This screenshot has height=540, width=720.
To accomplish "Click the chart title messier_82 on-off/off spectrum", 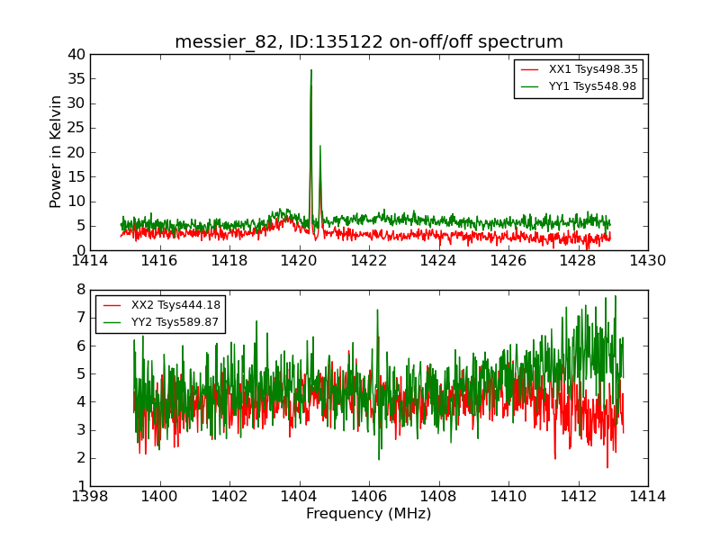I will click(x=369, y=42).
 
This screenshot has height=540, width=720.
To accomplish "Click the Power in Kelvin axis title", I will click(x=56, y=151).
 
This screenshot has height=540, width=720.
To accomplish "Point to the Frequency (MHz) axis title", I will click(x=369, y=514).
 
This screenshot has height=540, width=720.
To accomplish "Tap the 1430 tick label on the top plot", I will click(x=648, y=261).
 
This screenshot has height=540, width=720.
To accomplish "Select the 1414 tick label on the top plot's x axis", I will click(x=91, y=261).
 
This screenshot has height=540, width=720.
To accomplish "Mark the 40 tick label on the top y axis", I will click(x=76, y=54).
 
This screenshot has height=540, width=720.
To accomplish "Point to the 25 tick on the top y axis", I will click(x=76, y=128).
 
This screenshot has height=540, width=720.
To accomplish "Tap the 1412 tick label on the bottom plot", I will click(x=578, y=496).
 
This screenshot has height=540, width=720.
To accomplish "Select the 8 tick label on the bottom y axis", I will click(x=80, y=290).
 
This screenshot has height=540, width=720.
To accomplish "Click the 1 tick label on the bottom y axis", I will click(x=80, y=486).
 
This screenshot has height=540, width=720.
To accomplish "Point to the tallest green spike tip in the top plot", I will click(x=311, y=70).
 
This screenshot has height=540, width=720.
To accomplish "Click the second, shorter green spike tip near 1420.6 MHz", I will click(x=319, y=146).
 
